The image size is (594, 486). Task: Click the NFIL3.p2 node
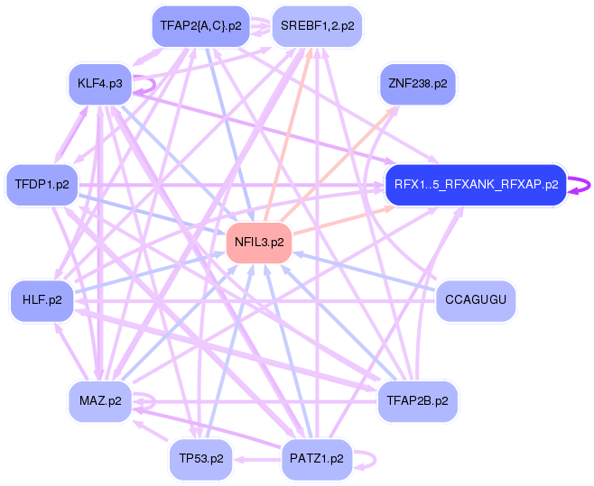pos(259,243)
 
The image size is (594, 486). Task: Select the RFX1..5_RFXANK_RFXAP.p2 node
pos(475,184)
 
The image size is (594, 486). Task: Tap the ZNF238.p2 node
pos(417,84)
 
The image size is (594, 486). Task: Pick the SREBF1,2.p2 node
pos(316,26)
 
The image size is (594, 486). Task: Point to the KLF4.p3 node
pos(100,84)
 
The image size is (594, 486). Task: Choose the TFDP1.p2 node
pos(42,184)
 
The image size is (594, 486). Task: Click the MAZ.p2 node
pos(100,400)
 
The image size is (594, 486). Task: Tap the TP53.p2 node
pos(200,458)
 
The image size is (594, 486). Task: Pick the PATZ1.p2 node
pos(316,458)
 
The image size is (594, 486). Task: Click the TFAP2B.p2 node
pos(417,400)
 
